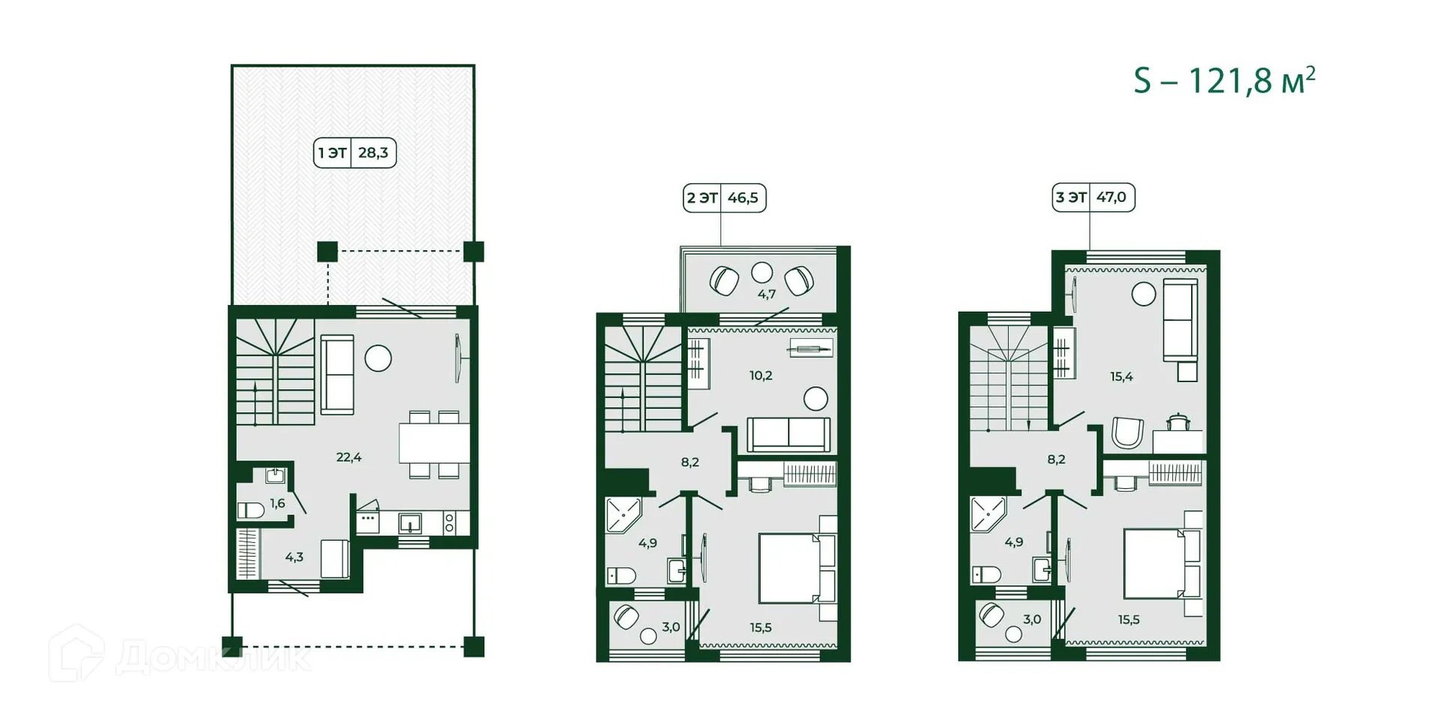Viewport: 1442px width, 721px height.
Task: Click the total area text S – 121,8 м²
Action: tap(1224, 80)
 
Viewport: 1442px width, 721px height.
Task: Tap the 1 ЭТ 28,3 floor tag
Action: tap(354, 153)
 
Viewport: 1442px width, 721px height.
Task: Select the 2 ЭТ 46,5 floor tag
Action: tap(724, 198)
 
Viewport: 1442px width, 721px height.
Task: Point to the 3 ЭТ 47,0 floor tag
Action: tap(1093, 198)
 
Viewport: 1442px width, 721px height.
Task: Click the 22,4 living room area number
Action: tap(348, 457)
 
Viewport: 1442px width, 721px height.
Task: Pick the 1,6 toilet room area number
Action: tap(277, 504)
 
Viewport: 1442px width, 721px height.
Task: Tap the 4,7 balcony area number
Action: tap(766, 294)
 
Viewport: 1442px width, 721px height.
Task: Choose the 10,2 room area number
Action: tap(760, 376)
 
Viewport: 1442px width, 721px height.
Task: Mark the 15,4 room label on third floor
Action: tap(1121, 377)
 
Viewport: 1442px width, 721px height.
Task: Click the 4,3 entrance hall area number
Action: tap(294, 557)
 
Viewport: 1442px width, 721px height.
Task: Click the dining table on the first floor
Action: tap(434, 444)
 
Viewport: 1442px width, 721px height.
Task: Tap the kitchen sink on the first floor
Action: tap(410, 522)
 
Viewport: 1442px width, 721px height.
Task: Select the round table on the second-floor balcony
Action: tap(762, 272)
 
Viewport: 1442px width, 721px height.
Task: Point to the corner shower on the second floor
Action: tap(623, 514)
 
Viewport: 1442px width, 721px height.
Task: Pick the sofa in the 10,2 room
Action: tap(789, 435)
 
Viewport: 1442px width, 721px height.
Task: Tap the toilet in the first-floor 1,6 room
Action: tap(251, 511)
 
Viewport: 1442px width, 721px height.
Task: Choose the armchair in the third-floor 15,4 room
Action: tap(1127, 433)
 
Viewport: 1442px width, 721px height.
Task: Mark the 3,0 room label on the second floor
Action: tap(671, 627)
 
